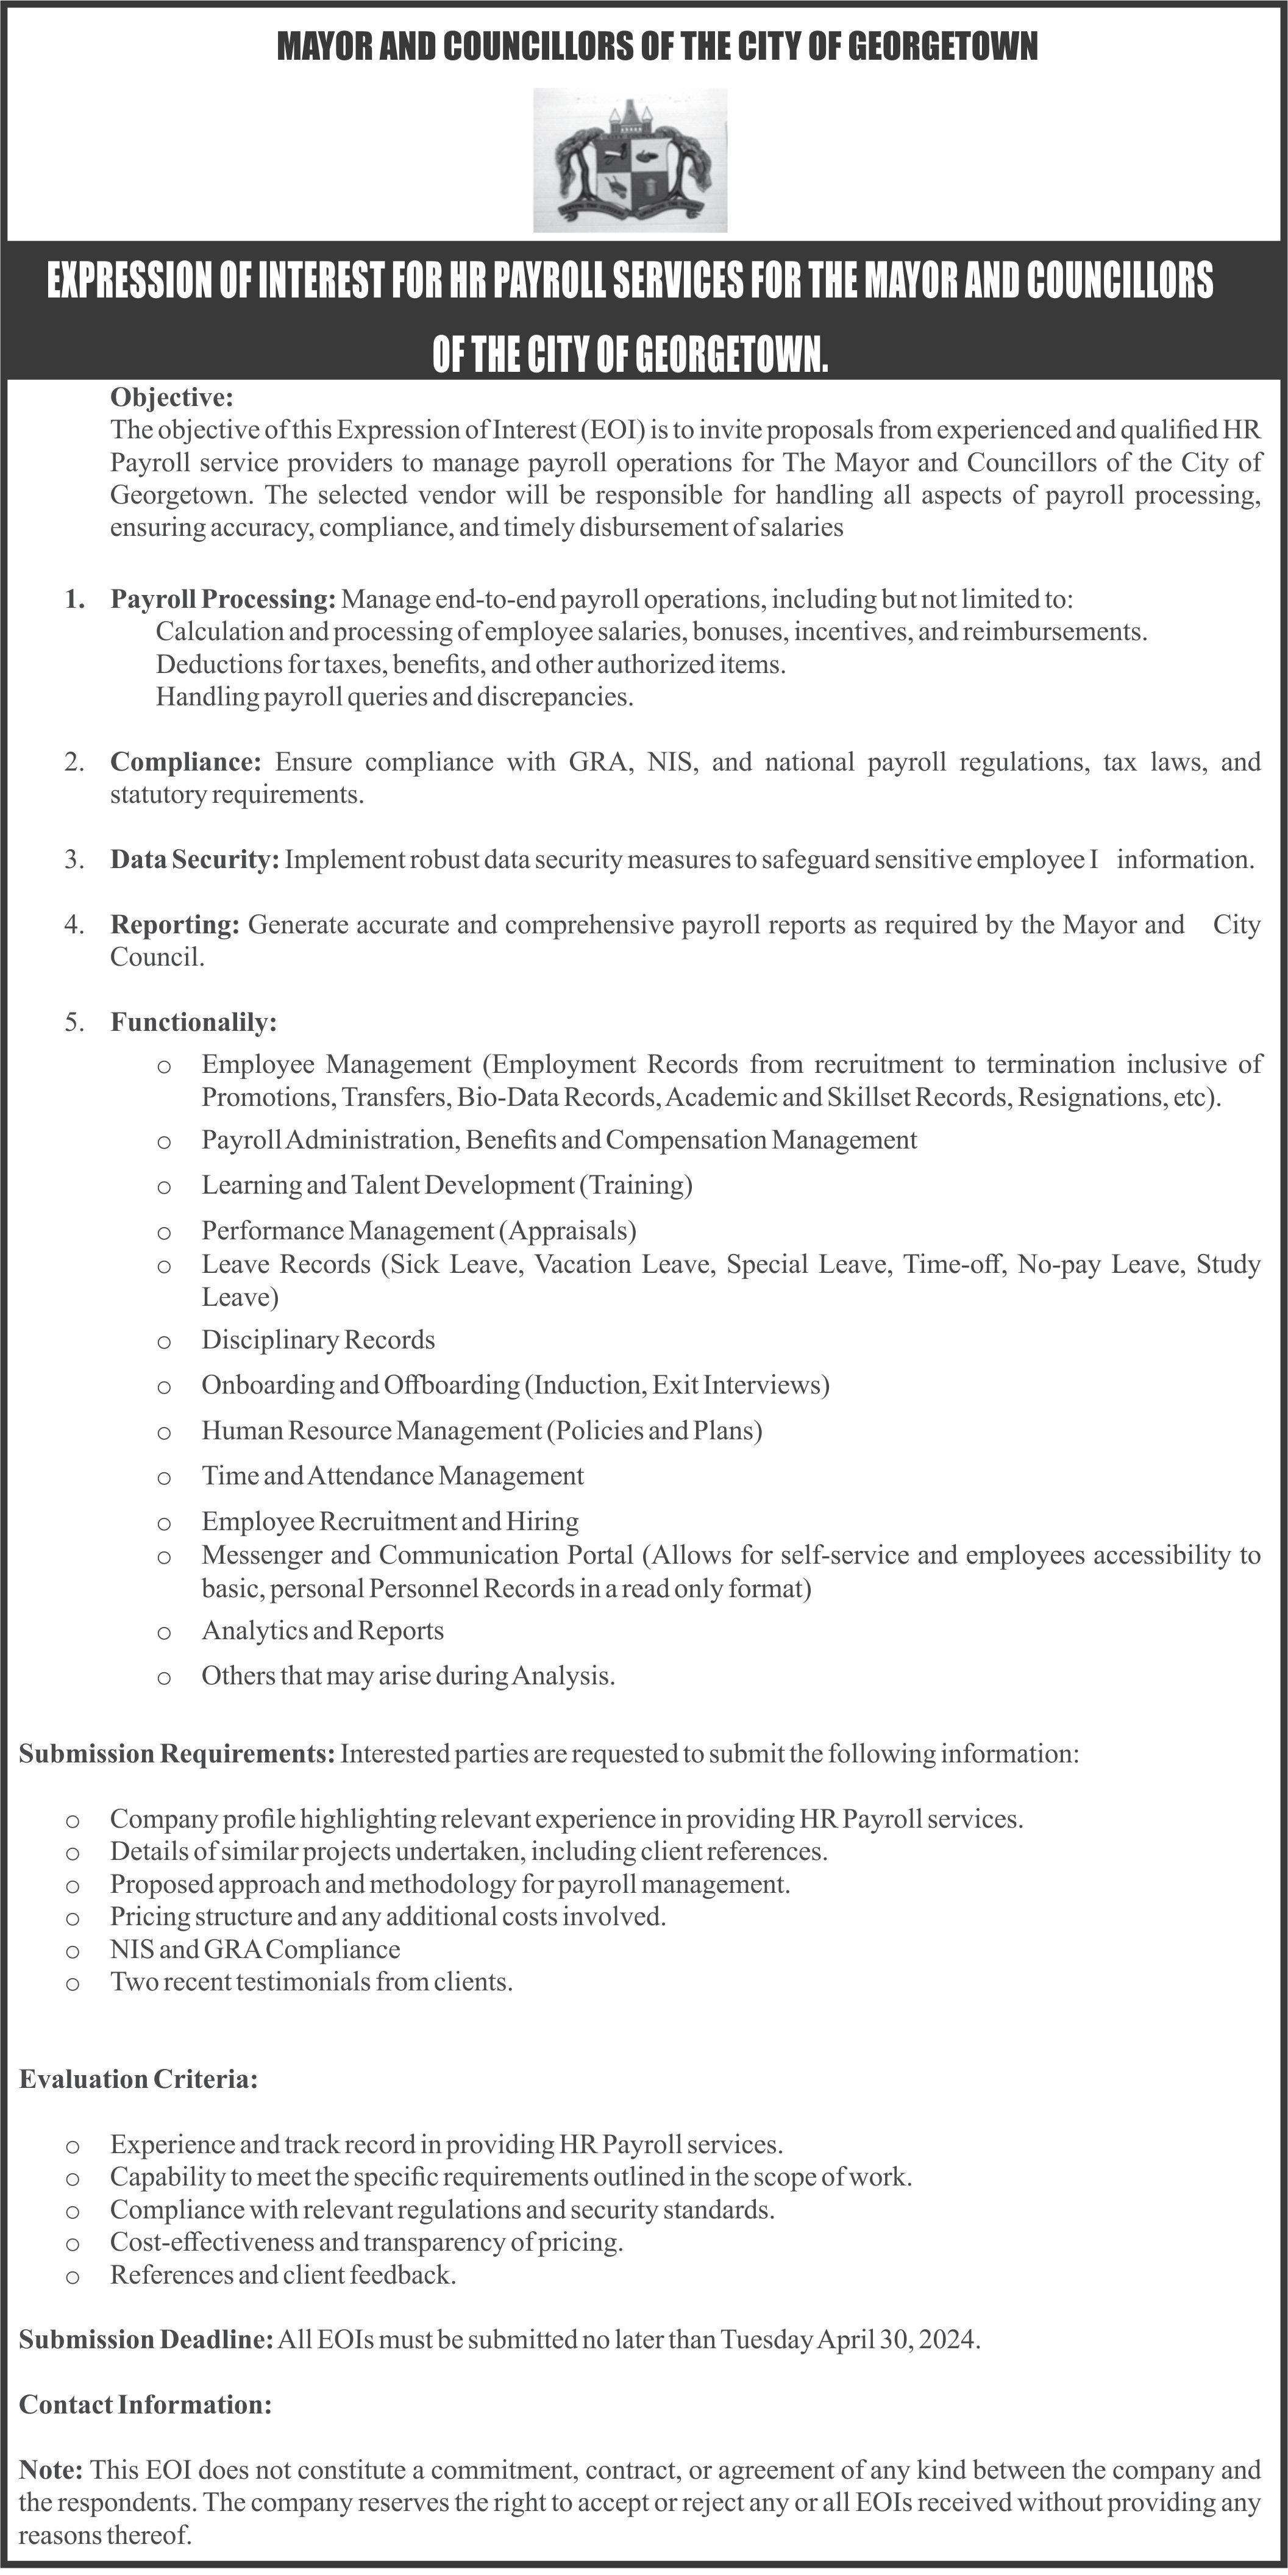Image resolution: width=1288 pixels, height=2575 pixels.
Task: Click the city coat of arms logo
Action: [630, 160]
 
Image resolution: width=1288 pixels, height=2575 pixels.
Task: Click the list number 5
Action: [73, 1022]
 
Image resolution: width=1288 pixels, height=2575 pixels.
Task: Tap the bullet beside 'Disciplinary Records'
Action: [164, 1342]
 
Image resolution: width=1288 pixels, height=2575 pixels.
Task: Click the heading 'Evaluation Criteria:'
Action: [139, 2079]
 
